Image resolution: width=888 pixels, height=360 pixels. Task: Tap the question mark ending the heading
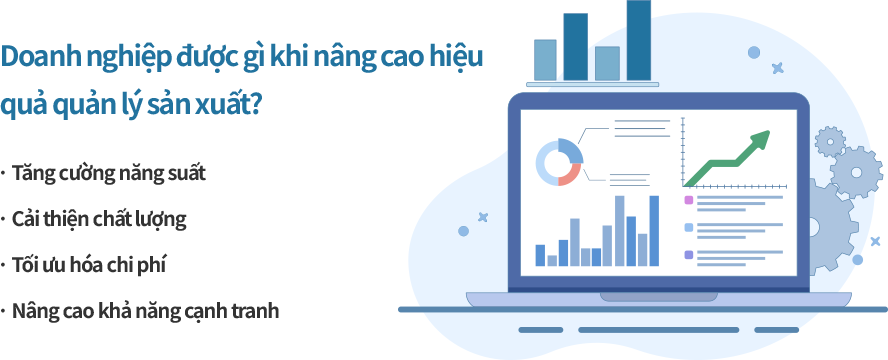(x=254, y=105)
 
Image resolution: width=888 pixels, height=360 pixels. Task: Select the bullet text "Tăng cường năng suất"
(x=109, y=174)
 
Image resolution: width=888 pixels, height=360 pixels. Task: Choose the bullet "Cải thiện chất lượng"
(x=99, y=220)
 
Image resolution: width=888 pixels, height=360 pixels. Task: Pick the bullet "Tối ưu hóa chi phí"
(x=89, y=265)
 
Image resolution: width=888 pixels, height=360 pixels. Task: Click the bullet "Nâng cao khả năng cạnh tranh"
(x=146, y=311)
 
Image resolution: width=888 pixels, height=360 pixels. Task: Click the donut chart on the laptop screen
(x=558, y=162)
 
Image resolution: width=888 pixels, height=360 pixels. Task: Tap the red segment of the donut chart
(x=570, y=175)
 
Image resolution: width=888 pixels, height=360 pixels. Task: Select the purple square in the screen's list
(x=689, y=200)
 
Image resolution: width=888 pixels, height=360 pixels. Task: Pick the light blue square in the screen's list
(x=689, y=228)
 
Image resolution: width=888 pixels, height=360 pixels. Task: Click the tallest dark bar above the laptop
(x=638, y=40)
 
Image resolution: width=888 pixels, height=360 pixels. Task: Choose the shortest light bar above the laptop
(x=607, y=63)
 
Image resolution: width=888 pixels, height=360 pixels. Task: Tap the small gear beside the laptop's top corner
(x=830, y=142)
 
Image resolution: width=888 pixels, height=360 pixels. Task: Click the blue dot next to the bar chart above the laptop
(x=754, y=53)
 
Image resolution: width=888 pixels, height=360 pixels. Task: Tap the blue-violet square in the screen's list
(x=689, y=255)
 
